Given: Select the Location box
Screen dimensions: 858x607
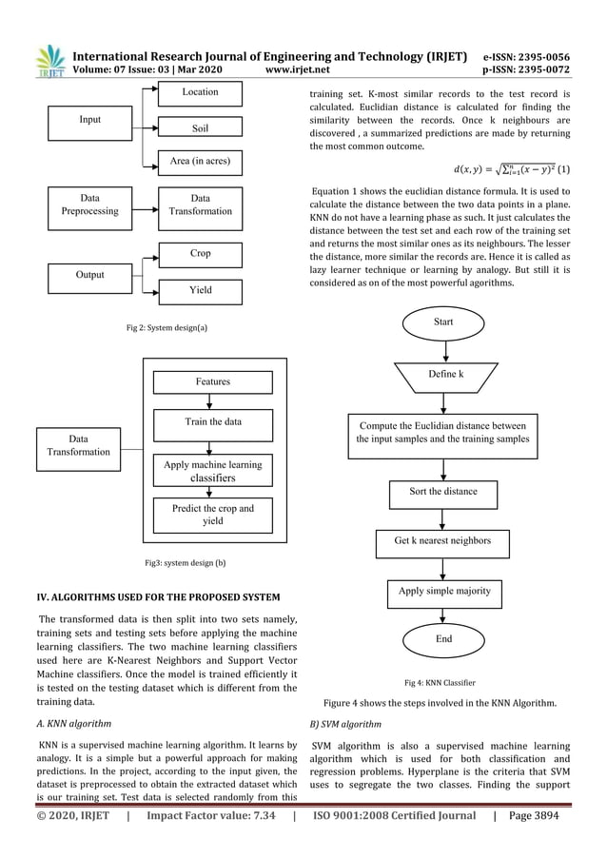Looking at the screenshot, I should [x=200, y=92].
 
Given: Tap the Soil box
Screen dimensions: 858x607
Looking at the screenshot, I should [x=200, y=128].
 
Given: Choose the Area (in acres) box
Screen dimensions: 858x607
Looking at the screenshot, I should [x=200, y=163].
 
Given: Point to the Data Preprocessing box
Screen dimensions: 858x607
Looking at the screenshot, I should [x=90, y=205].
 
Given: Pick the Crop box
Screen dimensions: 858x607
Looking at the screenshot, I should [x=200, y=255].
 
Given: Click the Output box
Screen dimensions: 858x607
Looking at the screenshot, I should [x=90, y=275].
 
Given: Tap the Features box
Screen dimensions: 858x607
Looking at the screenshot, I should [x=213, y=381].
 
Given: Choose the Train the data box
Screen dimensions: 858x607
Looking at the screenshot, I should [x=213, y=422].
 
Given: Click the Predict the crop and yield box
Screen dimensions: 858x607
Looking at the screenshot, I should [x=213, y=515].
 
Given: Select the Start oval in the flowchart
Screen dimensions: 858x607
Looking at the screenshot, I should [x=443, y=322].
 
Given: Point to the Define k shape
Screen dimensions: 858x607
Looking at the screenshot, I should [x=443, y=376].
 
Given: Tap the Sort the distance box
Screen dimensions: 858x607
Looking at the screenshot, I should [x=443, y=492].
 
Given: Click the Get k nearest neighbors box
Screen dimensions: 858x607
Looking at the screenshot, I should [x=443, y=540].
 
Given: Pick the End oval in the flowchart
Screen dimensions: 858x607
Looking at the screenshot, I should [x=443, y=639].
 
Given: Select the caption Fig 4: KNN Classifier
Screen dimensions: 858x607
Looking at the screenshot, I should [x=440, y=682].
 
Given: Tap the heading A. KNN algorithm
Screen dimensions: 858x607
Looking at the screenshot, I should [x=70, y=723].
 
